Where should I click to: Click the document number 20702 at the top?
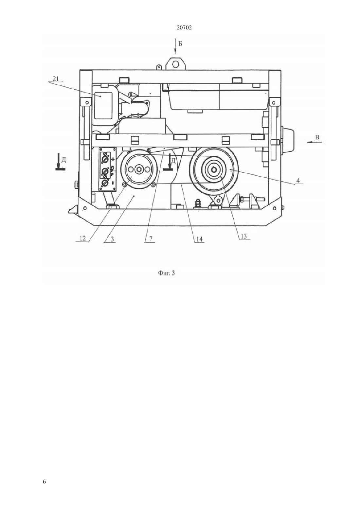coord(184,28)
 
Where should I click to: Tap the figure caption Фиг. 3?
coord(166,273)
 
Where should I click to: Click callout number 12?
coord(82,238)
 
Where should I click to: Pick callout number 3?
coord(112,239)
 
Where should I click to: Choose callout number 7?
coord(151,238)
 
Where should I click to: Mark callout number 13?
coord(243,236)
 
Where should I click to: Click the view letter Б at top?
coord(180,44)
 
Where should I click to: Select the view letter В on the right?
coord(317,137)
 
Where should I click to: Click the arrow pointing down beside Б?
coord(175,46)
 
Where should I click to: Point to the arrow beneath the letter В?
coord(314,142)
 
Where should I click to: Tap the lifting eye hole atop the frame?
coord(175,64)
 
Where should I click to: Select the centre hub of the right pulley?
coord(214,169)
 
